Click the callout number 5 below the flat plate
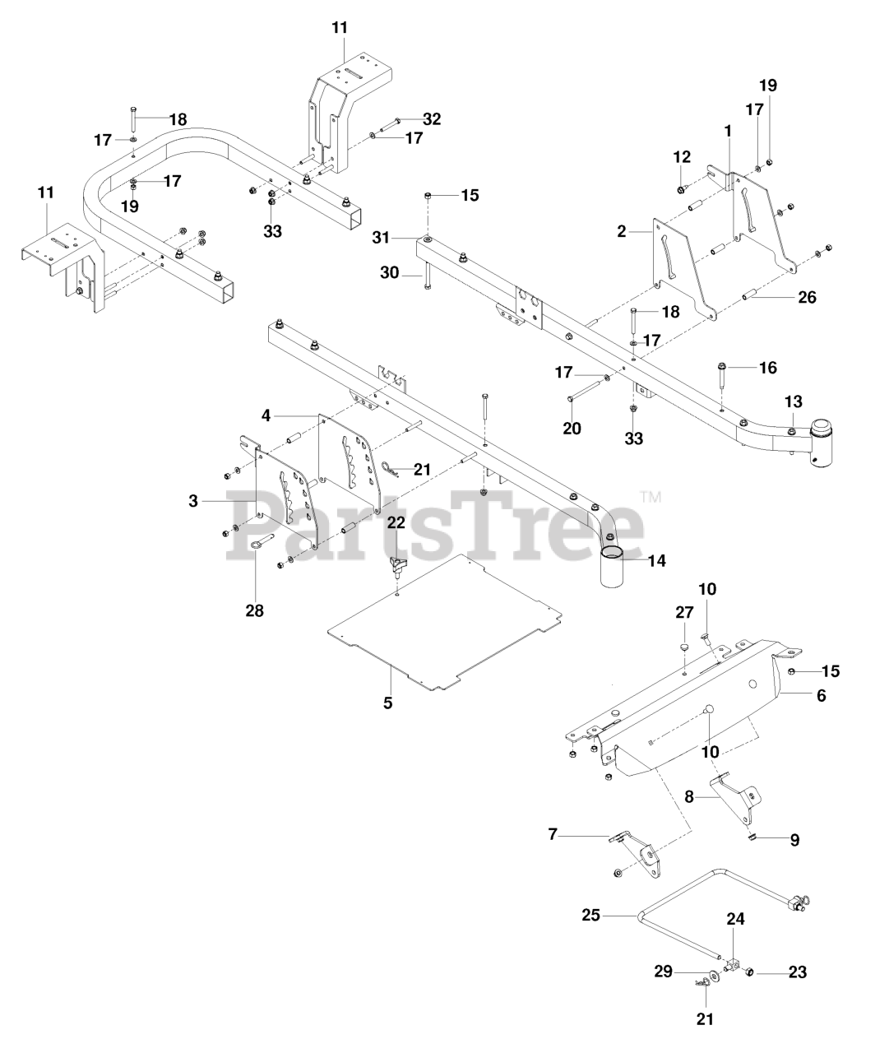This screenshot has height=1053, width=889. click(x=387, y=703)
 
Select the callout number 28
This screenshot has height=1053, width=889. click(x=255, y=610)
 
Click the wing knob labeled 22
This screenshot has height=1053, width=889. click(x=398, y=566)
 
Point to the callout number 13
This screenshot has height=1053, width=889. click(x=793, y=402)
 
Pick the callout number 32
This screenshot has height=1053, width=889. click(x=432, y=119)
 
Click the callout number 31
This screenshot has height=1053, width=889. click(x=382, y=237)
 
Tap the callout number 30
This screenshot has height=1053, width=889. click(x=389, y=273)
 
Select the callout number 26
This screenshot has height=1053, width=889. click(x=808, y=297)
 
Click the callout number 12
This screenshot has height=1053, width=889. click(x=682, y=157)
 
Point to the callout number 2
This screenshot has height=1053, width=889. click(x=621, y=231)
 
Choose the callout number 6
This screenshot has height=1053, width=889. click(x=822, y=695)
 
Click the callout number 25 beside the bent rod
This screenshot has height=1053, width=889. click(x=591, y=915)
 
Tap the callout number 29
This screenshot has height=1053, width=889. click(x=664, y=972)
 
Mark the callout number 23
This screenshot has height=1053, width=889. click(x=798, y=972)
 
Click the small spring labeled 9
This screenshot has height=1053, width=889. click(x=752, y=837)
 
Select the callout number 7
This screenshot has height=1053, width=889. click(x=553, y=835)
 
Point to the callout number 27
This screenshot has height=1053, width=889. click(x=684, y=612)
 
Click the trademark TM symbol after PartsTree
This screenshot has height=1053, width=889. click(x=651, y=497)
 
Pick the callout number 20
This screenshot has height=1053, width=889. click(x=572, y=428)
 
